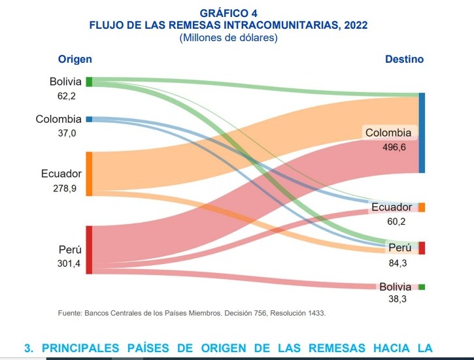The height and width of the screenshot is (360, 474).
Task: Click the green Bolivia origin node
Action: [x=89, y=82]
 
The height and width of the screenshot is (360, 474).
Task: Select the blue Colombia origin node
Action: [x=89, y=119]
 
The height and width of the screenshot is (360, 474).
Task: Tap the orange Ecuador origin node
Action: [x=89, y=174]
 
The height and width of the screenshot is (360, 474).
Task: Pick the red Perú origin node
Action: [x=89, y=250]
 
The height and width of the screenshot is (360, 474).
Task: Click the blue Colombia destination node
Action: [x=422, y=133]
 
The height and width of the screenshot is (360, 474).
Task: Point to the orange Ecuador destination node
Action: [x=422, y=207]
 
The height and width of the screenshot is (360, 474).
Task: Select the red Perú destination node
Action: [x=422, y=248]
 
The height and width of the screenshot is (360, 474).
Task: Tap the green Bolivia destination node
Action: [x=422, y=287]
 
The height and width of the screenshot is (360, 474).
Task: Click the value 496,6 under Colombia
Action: [x=394, y=148]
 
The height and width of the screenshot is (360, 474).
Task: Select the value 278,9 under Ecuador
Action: [x=65, y=188]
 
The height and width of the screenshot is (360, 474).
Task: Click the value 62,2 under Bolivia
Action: [x=67, y=96]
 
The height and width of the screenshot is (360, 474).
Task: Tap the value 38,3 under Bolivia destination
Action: [x=397, y=299]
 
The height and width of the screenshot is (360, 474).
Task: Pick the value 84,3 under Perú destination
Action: [x=397, y=263]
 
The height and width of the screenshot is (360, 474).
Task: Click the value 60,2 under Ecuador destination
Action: [x=397, y=221]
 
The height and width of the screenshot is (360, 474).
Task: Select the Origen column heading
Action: [x=75, y=59]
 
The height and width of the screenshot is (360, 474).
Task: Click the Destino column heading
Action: [x=404, y=59]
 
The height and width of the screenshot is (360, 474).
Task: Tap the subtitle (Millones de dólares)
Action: [x=228, y=37]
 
